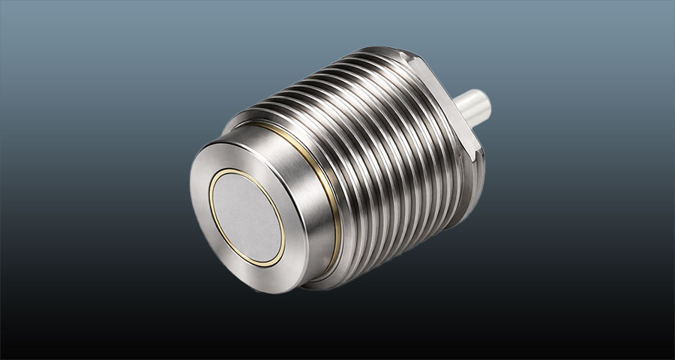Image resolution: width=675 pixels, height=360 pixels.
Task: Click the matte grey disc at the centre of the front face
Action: (247, 217)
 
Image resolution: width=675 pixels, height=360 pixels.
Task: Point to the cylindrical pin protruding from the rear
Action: (469, 109)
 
